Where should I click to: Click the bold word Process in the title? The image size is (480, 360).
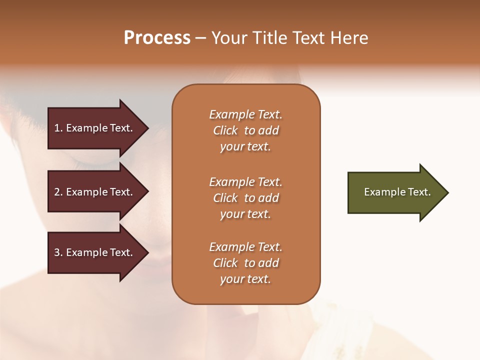click(157, 37)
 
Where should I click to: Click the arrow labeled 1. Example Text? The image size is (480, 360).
click(93, 128)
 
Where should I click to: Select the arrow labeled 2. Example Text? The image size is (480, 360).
click(93, 192)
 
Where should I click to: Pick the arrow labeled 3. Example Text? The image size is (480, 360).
click(93, 252)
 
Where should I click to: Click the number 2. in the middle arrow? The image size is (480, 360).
click(58, 192)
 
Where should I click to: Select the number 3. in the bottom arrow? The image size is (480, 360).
click(58, 252)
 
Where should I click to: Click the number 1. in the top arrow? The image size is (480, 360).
click(58, 128)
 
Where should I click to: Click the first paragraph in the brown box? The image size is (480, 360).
click(245, 130)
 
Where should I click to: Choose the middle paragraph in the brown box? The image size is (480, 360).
click(245, 198)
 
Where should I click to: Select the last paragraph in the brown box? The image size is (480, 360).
click(245, 263)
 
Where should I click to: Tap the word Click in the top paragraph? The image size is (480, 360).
click(225, 130)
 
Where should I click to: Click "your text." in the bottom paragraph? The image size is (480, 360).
click(245, 279)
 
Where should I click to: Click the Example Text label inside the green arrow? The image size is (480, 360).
click(397, 192)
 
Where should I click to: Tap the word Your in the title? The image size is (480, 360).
click(229, 37)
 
